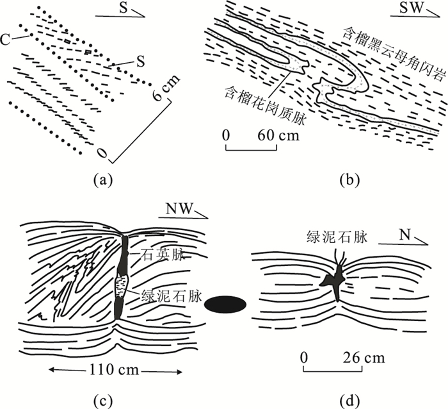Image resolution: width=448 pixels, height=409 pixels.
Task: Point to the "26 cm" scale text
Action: (x=364, y=357)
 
